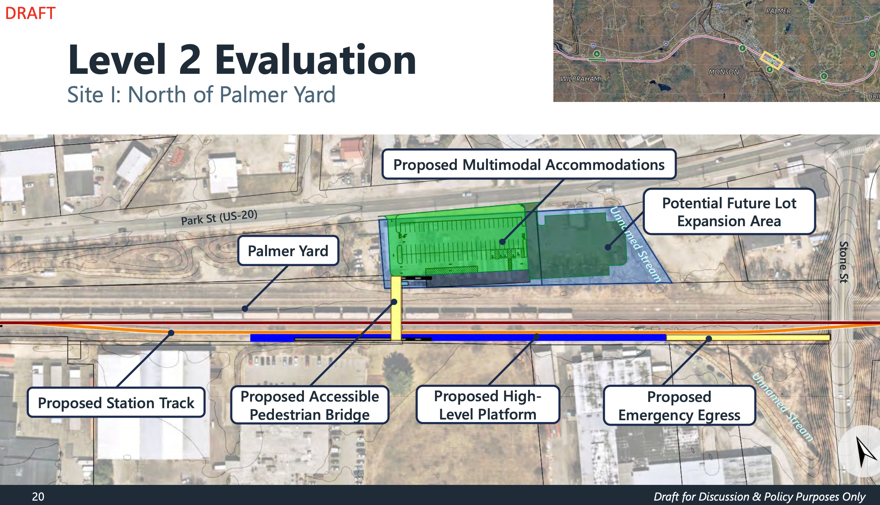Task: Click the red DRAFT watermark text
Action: (30, 13)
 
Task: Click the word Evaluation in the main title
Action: (316, 60)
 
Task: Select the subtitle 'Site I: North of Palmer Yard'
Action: (201, 95)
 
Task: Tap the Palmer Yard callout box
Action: (288, 251)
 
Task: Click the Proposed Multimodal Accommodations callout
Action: (529, 164)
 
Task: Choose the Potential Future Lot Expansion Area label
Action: (729, 212)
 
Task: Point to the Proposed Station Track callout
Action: (116, 402)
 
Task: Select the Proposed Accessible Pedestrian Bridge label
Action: (309, 405)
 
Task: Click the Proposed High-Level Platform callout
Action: (488, 405)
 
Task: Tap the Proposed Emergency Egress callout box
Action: (679, 406)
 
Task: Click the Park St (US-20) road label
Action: (219, 217)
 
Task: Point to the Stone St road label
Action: (843, 262)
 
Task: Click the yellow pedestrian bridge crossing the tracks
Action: (396, 308)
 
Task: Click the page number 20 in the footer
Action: (38, 497)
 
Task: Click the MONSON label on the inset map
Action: (724, 72)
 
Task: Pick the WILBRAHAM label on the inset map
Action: (580, 79)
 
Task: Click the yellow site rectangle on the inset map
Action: (771, 61)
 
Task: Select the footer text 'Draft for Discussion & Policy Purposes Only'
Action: (759, 497)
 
